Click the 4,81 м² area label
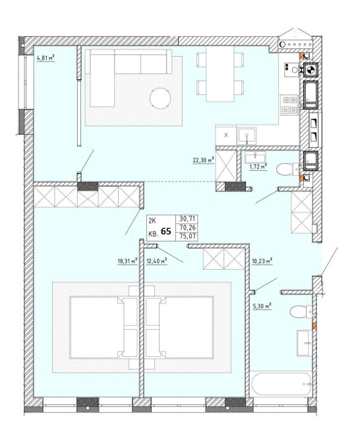pos(45,58)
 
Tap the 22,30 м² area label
pos(203,160)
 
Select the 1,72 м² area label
pos(258,168)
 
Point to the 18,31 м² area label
pos(127,261)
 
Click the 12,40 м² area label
pos(157,261)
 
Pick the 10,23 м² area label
pos(262,261)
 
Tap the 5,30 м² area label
pos(262,306)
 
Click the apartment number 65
pos(166,232)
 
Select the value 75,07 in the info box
pos(187,236)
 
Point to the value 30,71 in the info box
pos(187,218)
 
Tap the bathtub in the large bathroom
pos(281,384)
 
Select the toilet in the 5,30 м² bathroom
pos(301,311)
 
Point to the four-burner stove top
pos(289,105)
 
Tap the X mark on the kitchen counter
pos(226,135)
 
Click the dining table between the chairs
pos(220,74)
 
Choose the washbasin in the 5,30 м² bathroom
pos(304,343)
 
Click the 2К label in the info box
pos(152,221)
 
